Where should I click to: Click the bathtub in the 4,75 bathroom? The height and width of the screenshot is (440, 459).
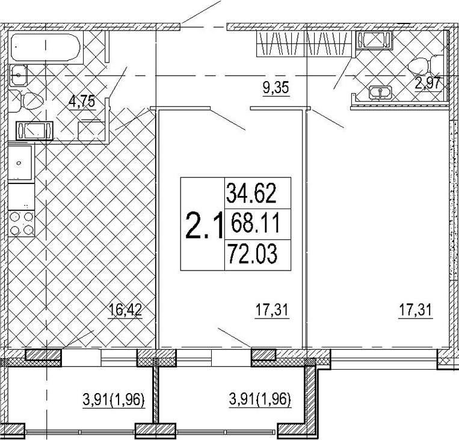(46, 47)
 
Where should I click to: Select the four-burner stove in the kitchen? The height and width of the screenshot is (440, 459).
(22, 224)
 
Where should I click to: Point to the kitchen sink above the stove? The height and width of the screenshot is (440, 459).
(20, 163)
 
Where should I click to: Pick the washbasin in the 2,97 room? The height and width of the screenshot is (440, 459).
(380, 93)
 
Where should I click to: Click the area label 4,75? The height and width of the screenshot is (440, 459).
(82, 102)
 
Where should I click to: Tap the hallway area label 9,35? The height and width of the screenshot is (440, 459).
(276, 88)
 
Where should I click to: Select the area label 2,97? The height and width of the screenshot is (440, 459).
(428, 84)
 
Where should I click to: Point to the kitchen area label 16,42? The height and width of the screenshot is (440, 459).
(125, 310)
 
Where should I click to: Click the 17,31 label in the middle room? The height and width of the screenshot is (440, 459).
(273, 310)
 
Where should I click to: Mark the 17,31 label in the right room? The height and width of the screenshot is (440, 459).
(416, 310)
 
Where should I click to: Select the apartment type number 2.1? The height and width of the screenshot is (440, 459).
(203, 225)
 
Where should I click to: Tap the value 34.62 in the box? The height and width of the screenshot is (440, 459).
(251, 193)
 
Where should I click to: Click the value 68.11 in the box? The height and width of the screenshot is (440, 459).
(255, 223)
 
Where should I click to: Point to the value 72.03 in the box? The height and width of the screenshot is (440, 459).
(252, 253)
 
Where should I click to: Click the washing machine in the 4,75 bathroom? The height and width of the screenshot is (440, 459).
(34, 130)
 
